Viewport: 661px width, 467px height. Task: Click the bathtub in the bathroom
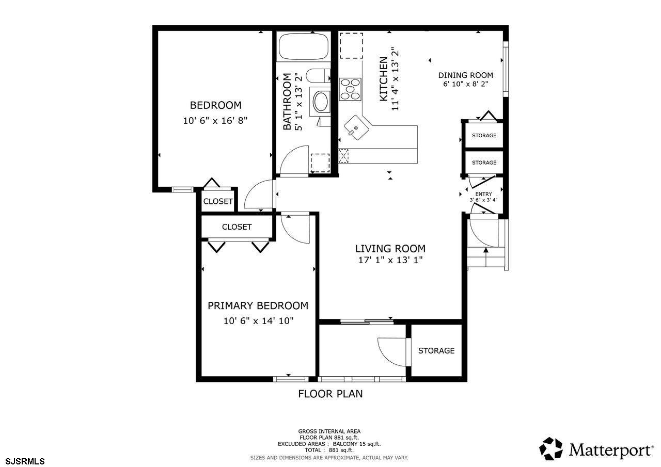tap(304, 47)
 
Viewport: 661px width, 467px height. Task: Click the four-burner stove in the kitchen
tap(350, 89)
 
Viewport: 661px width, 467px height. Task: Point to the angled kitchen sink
tap(357, 127)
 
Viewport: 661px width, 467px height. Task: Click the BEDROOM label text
tap(216, 105)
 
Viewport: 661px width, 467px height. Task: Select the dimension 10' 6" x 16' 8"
tap(215, 121)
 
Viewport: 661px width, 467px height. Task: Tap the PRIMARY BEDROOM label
tap(258, 305)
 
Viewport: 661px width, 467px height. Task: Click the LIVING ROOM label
tap(390, 249)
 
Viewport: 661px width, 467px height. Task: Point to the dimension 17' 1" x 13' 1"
tap(390, 260)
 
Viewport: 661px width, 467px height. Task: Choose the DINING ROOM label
tap(465, 75)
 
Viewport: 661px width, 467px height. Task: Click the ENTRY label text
tap(484, 194)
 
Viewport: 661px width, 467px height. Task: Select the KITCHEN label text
tap(383, 79)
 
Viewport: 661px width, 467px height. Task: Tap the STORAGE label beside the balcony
tap(436, 350)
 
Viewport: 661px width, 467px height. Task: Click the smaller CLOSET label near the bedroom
tap(218, 201)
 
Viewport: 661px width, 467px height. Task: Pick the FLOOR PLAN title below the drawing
tap(330, 394)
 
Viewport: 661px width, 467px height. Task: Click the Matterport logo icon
tap(550, 449)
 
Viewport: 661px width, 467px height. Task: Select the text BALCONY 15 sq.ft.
tap(357, 444)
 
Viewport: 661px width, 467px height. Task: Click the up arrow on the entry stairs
tap(486, 257)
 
